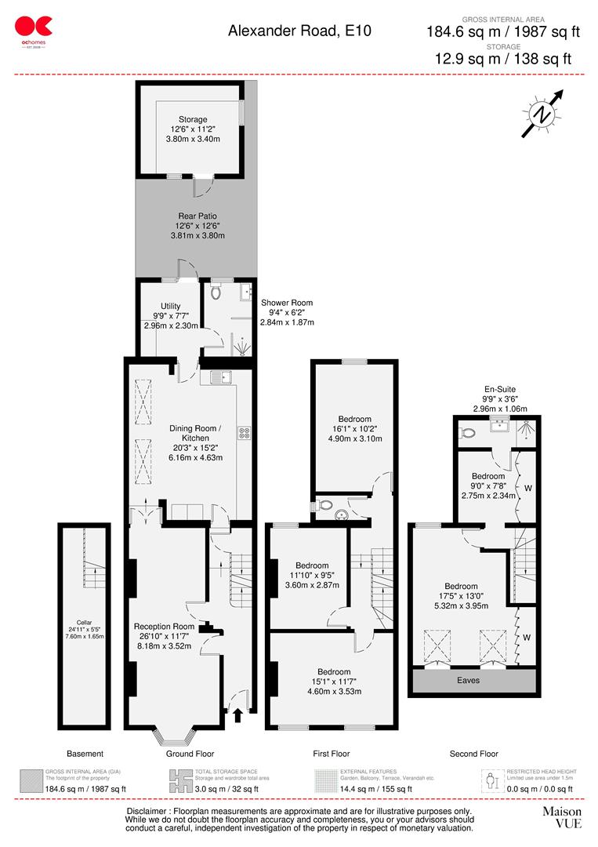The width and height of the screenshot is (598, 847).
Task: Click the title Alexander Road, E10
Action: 299,31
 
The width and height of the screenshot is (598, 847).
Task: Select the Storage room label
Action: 192,120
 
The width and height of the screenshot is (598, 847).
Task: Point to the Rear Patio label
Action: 196,216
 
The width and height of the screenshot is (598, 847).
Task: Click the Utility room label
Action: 171,306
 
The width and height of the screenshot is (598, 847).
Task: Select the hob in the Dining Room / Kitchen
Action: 244,431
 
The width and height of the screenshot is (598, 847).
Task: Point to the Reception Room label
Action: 164,626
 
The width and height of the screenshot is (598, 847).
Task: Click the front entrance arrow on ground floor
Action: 237,714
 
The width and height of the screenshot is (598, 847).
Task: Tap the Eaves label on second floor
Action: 469,680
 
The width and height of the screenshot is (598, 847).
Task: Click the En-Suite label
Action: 499,388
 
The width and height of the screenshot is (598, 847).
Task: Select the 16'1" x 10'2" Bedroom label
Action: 355,419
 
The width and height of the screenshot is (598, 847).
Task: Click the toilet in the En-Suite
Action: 469,433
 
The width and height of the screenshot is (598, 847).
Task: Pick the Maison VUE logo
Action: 562,817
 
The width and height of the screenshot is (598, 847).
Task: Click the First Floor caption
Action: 332,754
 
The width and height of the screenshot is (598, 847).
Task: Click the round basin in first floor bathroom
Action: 341,514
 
